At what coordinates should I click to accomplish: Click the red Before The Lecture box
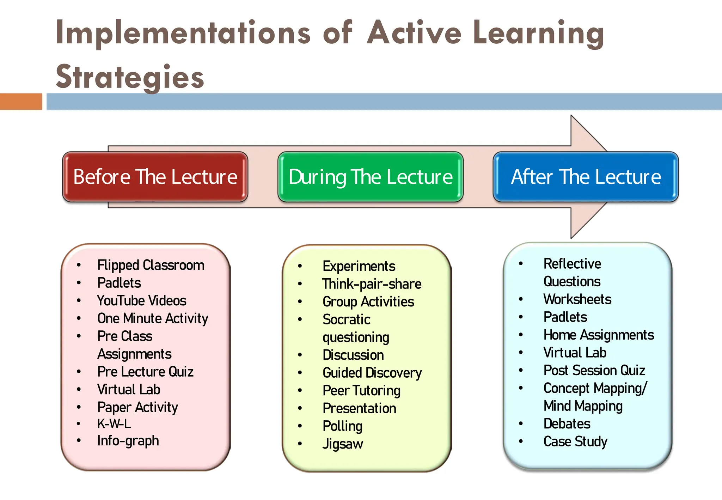coord(155,177)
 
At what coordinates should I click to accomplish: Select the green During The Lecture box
coord(370,177)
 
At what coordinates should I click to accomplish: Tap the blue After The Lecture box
coord(586,177)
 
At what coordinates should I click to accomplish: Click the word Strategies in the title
coord(130,77)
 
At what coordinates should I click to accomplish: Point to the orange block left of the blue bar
coord(21,102)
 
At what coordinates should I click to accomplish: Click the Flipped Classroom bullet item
coord(151,265)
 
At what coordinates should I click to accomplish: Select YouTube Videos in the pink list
coord(141,301)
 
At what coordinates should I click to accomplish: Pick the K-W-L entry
coord(114,423)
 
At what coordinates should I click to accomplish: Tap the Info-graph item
coord(128,441)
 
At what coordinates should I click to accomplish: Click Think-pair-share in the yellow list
coord(372,284)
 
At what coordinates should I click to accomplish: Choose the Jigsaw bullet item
coord(343,444)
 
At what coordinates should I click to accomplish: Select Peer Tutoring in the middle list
coord(361,391)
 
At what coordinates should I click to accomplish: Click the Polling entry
coord(342,426)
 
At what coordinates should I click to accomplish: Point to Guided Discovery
coord(372,373)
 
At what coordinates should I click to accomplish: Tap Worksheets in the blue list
coord(577,299)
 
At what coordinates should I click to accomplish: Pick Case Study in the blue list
coord(575,441)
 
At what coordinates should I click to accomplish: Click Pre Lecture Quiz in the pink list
coord(145,372)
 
